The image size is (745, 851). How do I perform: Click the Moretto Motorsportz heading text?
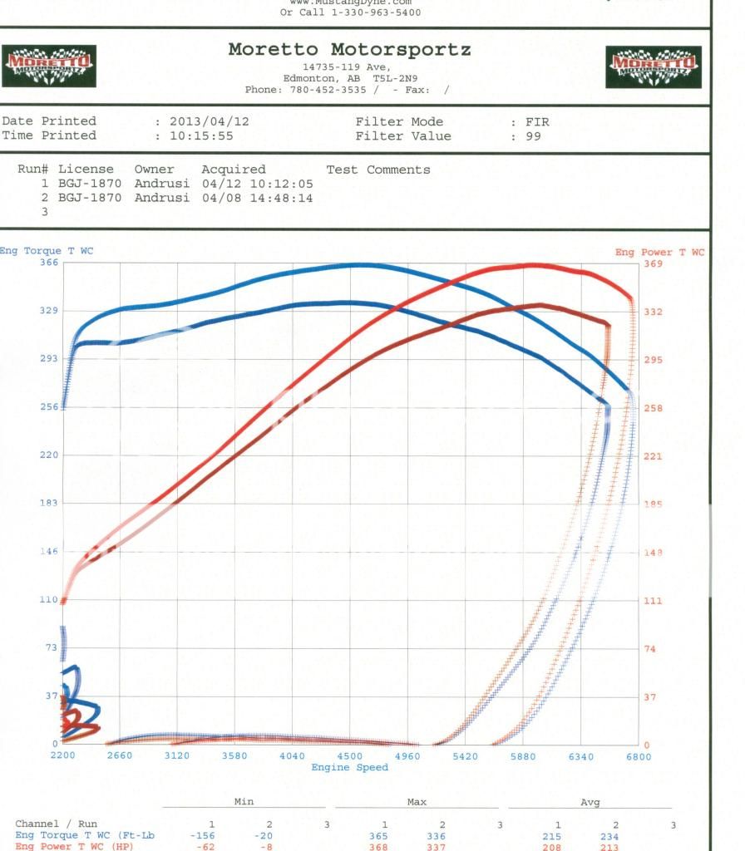349,50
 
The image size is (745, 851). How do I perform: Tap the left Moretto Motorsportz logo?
49,66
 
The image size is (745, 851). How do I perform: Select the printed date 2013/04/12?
209,121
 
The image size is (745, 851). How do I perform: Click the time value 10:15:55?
202,136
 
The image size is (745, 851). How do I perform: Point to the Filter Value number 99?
533,136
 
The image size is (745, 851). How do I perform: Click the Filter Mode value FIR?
537,121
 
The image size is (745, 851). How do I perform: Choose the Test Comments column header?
378,170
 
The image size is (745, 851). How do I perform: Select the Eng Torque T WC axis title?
47,250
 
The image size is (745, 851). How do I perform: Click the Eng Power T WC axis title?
659,252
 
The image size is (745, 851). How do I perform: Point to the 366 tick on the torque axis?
48,263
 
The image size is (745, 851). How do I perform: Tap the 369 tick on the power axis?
654,263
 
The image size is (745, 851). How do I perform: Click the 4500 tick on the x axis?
350,756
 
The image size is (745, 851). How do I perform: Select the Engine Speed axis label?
349,767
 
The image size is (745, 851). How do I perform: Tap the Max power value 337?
442,847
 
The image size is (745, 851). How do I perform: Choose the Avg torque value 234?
615,835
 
